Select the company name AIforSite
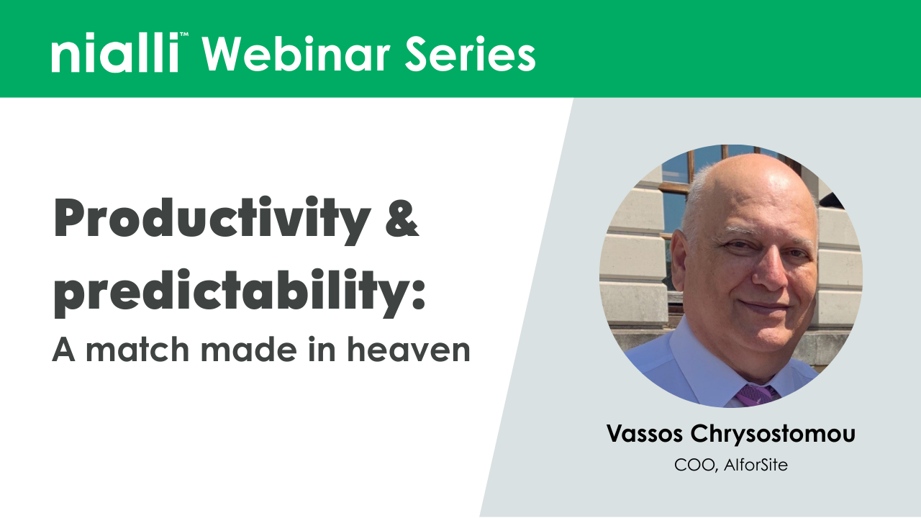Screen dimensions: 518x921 click(756, 465)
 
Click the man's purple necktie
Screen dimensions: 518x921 click(756, 395)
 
